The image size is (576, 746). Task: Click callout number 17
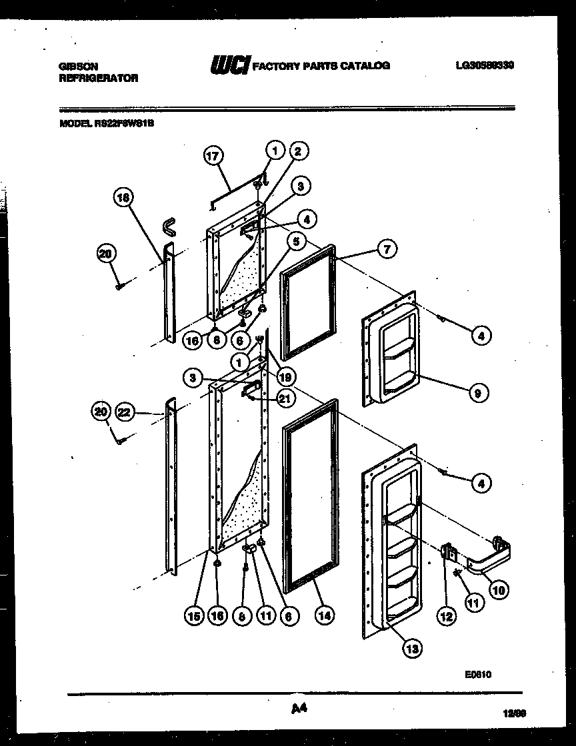click(212, 157)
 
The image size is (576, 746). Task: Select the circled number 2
click(297, 151)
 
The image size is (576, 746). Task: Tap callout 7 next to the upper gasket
click(387, 250)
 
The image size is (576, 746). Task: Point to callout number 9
click(478, 394)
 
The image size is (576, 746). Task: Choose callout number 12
click(446, 617)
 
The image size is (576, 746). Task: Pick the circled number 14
click(325, 616)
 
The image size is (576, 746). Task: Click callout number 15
click(194, 616)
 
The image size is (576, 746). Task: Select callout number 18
click(123, 197)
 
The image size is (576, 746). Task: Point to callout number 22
click(125, 413)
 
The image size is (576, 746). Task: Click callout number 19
click(285, 378)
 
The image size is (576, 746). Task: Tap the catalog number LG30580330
click(485, 65)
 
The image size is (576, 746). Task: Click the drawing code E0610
click(478, 675)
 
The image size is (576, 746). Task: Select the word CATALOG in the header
click(367, 65)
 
